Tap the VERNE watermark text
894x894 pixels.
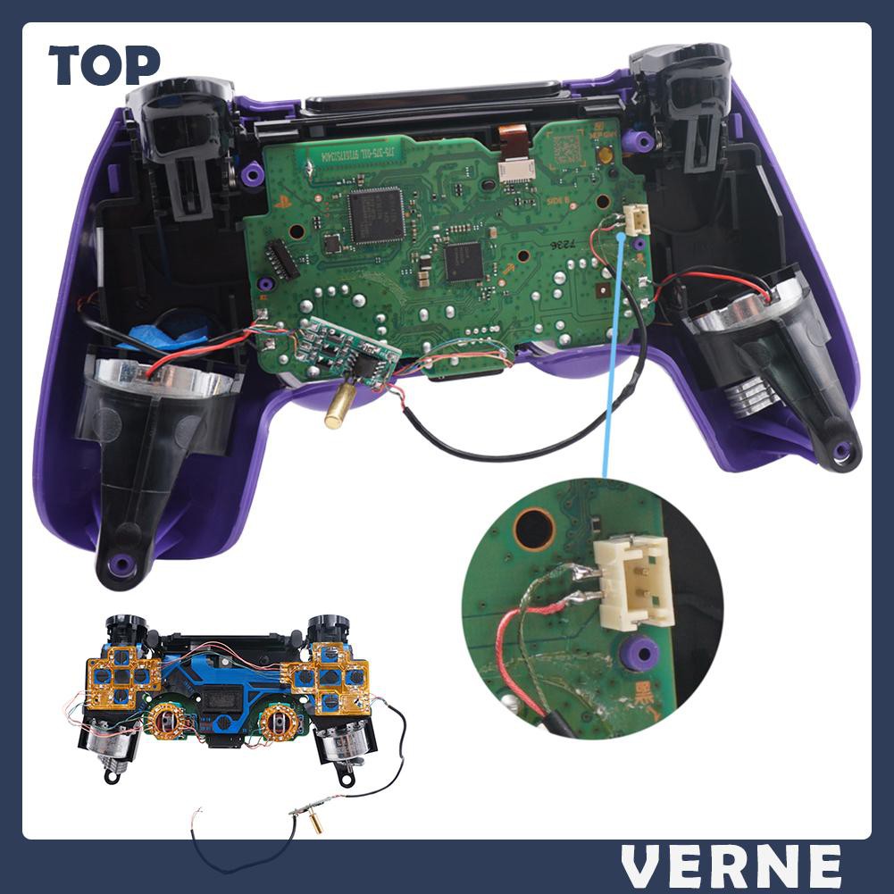(x=731, y=865)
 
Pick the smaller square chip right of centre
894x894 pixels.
(x=464, y=260)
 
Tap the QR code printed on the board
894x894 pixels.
(x=568, y=150)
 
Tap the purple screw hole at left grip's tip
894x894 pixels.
(x=121, y=564)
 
